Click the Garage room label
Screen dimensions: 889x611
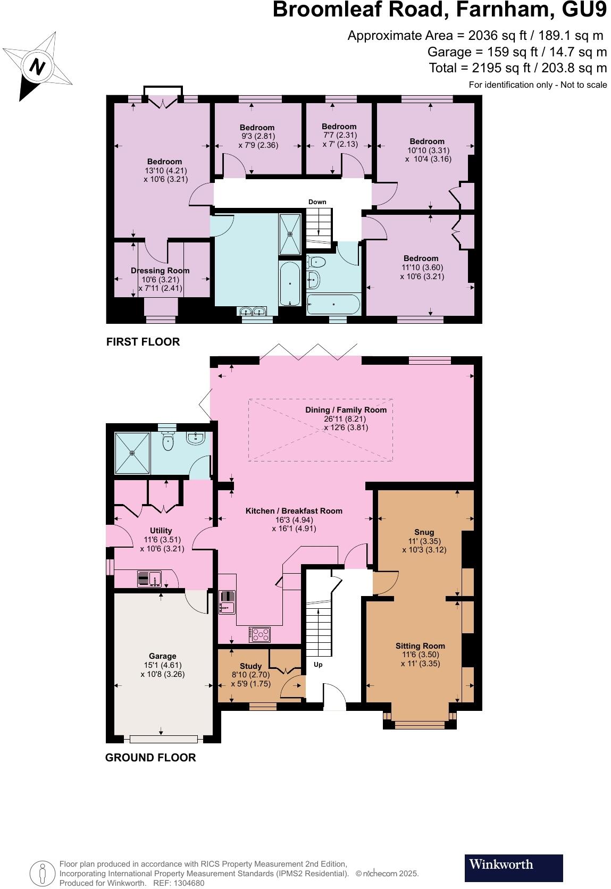(x=162, y=656)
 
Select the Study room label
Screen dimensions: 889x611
(x=250, y=666)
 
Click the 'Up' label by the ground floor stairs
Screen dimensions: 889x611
(x=318, y=665)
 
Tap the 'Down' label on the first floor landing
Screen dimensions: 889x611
(x=317, y=202)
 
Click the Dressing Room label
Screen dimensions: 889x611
(x=160, y=271)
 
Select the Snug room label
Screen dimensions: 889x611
(x=424, y=532)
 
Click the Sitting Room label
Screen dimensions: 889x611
(x=420, y=646)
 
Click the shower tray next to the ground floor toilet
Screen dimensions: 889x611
(x=132, y=452)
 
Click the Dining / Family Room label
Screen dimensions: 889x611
(x=346, y=410)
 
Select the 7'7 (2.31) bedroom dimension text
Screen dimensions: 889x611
(x=339, y=135)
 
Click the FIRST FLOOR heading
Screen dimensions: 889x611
(x=143, y=342)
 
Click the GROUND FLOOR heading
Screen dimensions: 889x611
(x=150, y=758)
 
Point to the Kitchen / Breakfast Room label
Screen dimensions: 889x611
(x=294, y=510)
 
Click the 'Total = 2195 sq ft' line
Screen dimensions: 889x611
(x=517, y=68)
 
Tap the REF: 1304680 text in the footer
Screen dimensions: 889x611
(x=178, y=883)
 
